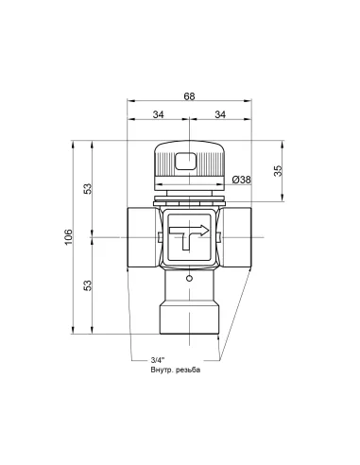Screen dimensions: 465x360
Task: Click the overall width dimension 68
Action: pos(189,95)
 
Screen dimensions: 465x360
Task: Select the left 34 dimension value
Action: pos(157,115)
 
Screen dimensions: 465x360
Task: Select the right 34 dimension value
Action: pos(220,115)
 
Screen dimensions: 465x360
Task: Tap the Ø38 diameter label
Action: pos(240,179)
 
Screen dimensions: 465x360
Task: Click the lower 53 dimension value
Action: pos(87,284)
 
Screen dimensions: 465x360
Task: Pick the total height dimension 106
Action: pos(68,236)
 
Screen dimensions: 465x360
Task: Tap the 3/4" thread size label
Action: pos(158,360)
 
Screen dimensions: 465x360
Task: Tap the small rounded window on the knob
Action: pos(189,161)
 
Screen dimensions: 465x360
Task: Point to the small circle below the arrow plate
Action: pos(189,280)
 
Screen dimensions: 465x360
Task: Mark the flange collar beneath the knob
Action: pos(189,197)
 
